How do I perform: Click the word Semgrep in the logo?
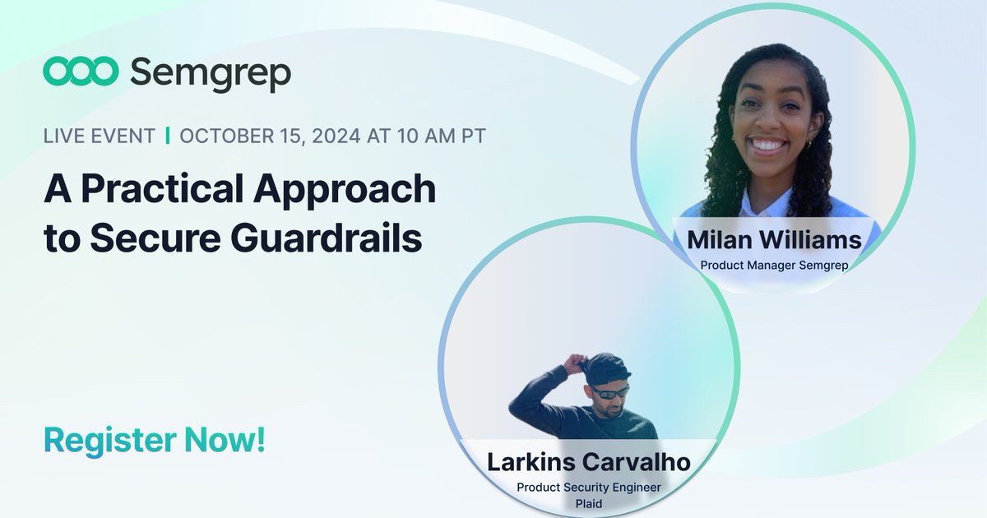211,74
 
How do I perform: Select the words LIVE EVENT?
99,136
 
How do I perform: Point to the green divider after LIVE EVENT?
168,136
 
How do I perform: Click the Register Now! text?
155,440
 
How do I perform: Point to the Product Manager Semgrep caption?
774,265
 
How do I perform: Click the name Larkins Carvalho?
588,461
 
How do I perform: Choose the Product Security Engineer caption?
588,487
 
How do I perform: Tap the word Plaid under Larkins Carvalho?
588,502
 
